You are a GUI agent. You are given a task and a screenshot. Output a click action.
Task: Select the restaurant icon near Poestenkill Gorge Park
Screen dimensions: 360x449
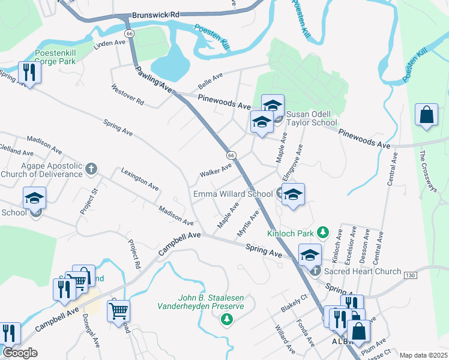[28, 73]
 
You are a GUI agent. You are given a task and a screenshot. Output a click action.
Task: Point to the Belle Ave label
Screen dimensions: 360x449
[210, 79]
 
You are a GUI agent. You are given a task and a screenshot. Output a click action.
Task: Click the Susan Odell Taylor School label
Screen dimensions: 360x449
[312, 118]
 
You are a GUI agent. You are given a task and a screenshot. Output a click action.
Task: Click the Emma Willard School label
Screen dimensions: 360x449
[232, 194]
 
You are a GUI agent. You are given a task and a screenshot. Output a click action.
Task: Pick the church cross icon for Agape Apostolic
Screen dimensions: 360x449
[91, 168]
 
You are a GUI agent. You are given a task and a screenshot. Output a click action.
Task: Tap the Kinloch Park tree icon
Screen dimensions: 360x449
[323, 231]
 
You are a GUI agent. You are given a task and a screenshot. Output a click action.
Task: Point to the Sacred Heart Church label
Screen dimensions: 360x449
[362, 271]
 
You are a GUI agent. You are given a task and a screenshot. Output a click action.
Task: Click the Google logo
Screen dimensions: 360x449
[20, 353]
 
